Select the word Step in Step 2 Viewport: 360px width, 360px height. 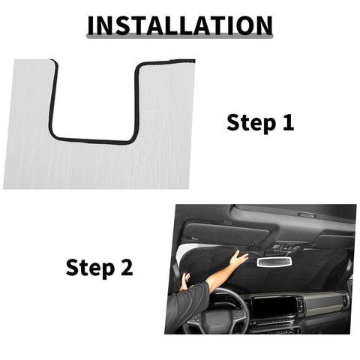[x=89, y=267]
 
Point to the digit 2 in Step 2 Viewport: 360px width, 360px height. [x=125, y=267]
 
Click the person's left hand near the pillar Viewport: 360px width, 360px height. [x=184, y=282]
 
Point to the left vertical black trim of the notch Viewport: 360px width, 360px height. [x=52, y=97]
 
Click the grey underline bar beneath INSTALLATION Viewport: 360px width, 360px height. [x=180, y=37]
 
